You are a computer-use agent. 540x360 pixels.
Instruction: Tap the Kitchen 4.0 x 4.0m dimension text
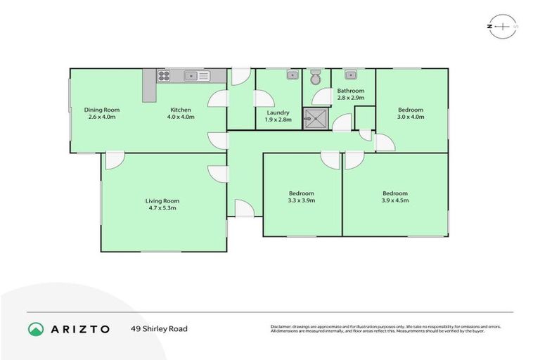pos(181,117)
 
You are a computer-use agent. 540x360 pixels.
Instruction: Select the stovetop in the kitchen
pos(163,76)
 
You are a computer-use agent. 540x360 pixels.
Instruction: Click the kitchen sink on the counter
pos(196,75)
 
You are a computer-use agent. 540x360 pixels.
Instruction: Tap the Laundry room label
pos(278,112)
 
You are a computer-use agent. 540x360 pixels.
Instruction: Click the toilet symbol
pos(316,75)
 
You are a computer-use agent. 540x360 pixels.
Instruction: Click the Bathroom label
pos(350,91)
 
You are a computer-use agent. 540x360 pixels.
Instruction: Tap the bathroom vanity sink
pos(350,75)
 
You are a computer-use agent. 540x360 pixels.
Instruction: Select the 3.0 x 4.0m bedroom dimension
pos(411,117)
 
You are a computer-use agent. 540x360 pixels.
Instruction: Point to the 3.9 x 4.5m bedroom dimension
pos(395,200)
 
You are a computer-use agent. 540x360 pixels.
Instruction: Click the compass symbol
pos(503,26)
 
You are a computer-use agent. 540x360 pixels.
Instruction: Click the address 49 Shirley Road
pos(159,328)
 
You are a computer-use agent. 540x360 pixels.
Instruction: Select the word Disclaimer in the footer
pos(281,327)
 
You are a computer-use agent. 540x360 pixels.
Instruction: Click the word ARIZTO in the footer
pos(80,328)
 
